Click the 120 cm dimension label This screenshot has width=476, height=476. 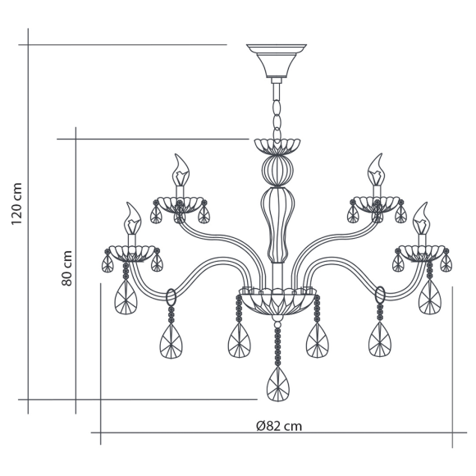click(x=16, y=204)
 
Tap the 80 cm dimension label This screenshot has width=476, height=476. click(x=66, y=268)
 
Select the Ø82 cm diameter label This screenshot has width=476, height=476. click(x=279, y=426)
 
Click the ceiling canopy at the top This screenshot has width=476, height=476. click(x=277, y=61)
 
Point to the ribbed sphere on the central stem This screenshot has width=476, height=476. click(x=277, y=170)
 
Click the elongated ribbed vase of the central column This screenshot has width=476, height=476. click(x=277, y=224)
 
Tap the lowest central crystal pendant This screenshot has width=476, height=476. click(x=277, y=384)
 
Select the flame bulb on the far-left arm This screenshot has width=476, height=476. click(x=132, y=218)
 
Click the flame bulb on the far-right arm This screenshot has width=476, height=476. click(x=421, y=218)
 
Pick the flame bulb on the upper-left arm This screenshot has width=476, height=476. click(x=181, y=170)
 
